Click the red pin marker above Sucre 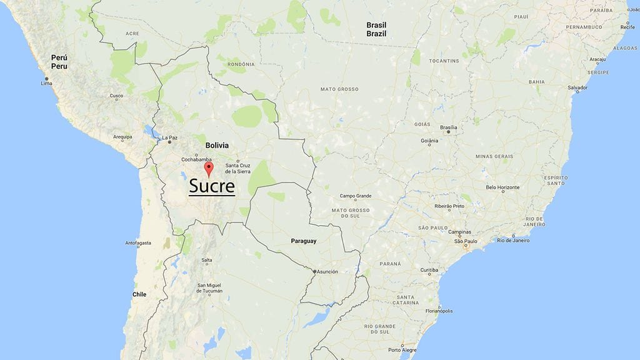point(209,168)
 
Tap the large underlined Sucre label point(212,186)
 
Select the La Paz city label point(169,137)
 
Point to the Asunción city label point(327,271)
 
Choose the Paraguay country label point(304,241)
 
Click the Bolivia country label point(217,145)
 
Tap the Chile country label point(139,294)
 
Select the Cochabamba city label point(197,159)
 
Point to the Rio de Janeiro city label point(513,241)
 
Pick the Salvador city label point(577,88)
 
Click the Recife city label point(627,27)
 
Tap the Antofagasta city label point(139,243)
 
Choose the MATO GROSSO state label point(339,89)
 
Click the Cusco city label point(117,96)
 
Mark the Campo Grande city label point(355,196)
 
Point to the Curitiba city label point(429,270)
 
